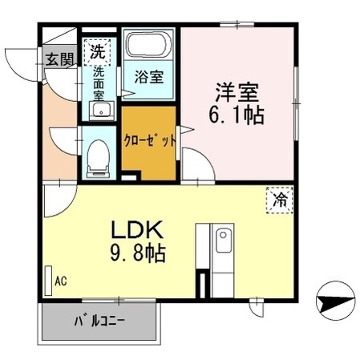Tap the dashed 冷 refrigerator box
(x=277, y=199)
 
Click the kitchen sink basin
(x=223, y=241)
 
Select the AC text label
(x=60, y=281)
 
